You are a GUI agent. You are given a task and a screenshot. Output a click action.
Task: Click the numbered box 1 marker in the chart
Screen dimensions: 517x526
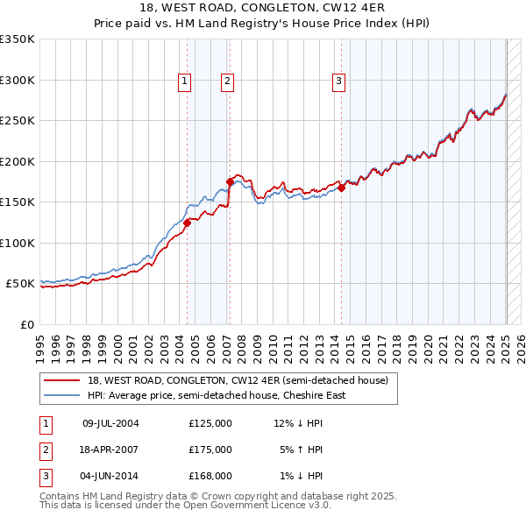[186, 81]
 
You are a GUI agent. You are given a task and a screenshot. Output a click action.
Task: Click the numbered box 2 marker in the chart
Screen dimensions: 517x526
[227, 81]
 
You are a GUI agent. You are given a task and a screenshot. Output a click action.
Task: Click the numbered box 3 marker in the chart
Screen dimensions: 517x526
[338, 81]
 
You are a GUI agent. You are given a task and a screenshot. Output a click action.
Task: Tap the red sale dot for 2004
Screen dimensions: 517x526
[187, 223]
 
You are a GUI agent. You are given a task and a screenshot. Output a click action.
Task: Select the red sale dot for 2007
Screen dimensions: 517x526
[230, 182]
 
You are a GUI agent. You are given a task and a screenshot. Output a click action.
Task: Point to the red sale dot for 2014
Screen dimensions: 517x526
[341, 188]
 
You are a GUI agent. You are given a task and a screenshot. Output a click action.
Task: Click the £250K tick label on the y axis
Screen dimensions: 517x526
[17, 120]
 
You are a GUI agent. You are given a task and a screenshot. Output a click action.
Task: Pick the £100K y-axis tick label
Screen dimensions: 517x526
[17, 243]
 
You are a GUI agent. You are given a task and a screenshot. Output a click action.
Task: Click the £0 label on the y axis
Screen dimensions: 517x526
[26, 324]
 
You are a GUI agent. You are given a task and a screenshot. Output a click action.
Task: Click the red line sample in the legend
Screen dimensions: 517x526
[62, 380]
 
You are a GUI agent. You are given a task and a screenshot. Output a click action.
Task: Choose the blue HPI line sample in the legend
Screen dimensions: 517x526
[62, 395]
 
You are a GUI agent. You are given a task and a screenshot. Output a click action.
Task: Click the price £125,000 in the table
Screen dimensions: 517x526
[210, 423]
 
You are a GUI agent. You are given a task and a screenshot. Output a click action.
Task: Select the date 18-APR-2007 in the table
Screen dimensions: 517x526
[110, 450]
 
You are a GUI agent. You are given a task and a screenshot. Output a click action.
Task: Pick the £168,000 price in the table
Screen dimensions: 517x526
[210, 476]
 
